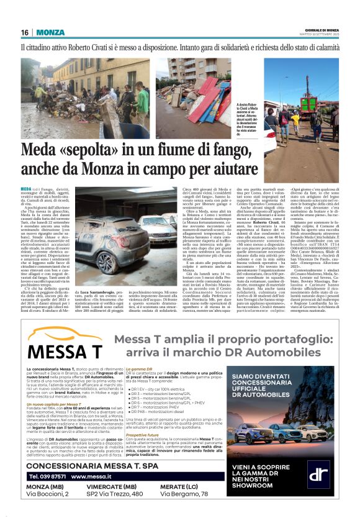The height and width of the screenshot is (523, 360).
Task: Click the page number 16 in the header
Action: pyautogui.click(x=25, y=32)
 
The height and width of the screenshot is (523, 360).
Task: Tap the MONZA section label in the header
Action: pyautogui.click(x=50, y=32)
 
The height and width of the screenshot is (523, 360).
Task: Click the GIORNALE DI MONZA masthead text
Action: pyautogui.click(x=323, y=29)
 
